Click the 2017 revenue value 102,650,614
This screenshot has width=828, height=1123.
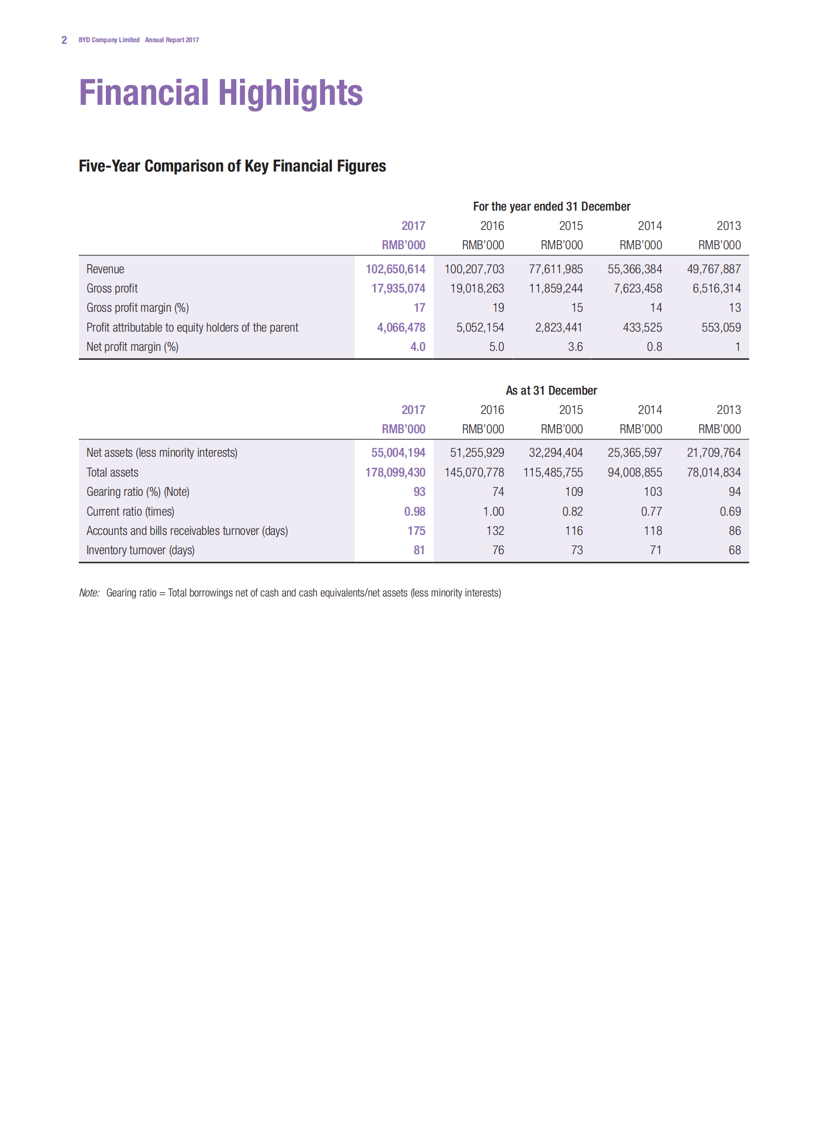tap(395, 269)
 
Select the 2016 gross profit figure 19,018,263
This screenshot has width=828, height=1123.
tap(477, 288)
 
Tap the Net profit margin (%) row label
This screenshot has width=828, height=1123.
tap(133, 347)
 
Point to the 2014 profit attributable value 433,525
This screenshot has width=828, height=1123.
tap(642, 327)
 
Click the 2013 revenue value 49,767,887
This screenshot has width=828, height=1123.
tap(713, 269)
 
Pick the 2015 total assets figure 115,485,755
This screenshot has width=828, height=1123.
tap(553, 472)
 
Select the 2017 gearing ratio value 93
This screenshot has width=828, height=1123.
tap(419, 492)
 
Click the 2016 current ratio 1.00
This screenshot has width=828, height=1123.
tap(493, 511)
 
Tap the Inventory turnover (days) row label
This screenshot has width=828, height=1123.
tap(140, 550)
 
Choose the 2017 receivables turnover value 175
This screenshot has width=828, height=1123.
tap(416, 531)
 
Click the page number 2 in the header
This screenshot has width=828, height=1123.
tap(64, 40)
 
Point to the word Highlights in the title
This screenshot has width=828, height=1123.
tap(290, 93)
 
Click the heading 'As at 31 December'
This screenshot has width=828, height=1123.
tap(551, 390)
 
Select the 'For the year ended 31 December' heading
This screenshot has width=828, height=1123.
tap(551, 206)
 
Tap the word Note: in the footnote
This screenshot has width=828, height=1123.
tap(89, 593)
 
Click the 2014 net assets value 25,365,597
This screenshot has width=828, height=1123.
tap(634, 453)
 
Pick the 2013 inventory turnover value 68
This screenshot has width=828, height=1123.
tap(734, 550)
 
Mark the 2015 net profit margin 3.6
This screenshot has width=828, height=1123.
tap(575, 347)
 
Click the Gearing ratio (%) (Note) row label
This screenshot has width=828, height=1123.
tap(138, 492)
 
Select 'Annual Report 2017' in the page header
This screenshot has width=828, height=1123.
tap(172, 40)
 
